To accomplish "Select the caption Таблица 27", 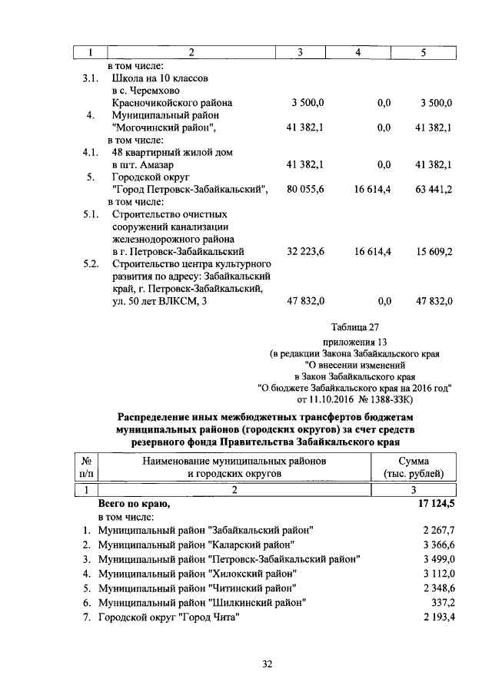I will (354, 326).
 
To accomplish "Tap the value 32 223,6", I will (305, 251).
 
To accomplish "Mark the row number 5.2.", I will (91, 263).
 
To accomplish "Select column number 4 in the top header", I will (358, 52).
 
